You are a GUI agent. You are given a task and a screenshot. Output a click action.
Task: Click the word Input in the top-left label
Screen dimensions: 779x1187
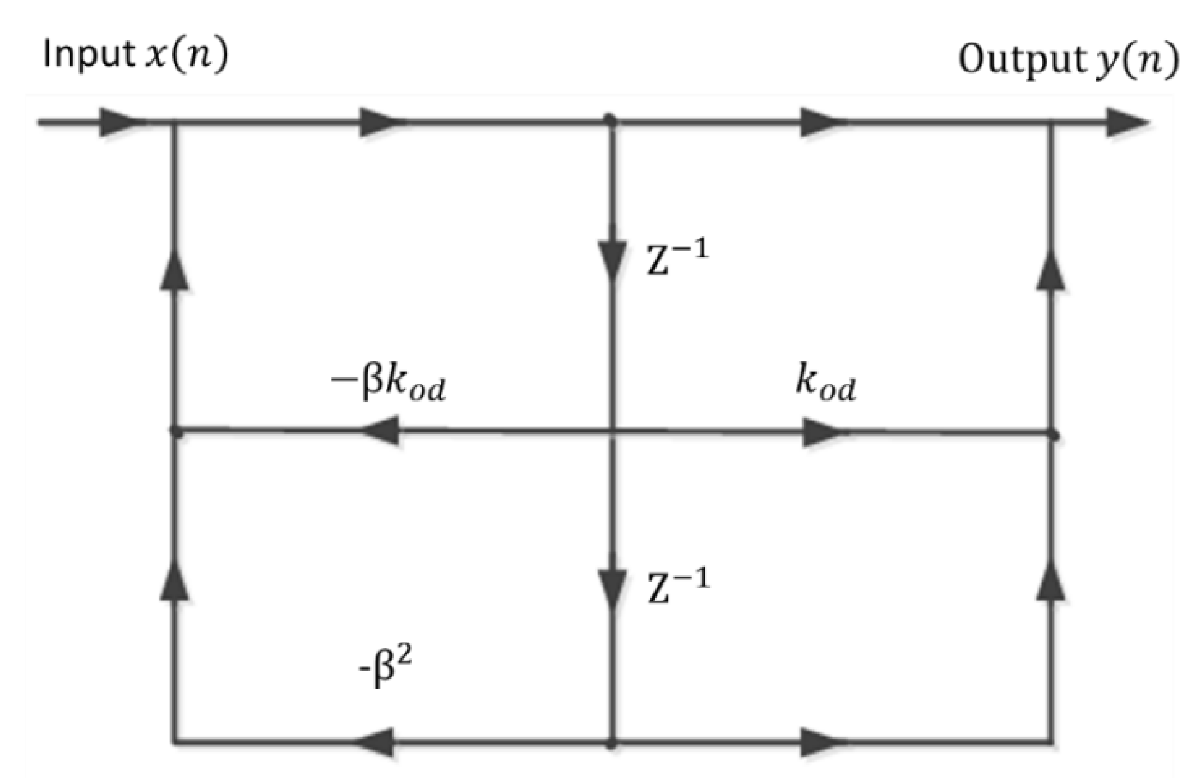coord(87,55)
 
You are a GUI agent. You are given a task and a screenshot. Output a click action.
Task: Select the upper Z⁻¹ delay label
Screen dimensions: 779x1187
coord(677,258)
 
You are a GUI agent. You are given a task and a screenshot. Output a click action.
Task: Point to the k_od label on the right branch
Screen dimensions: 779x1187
coord(825,383)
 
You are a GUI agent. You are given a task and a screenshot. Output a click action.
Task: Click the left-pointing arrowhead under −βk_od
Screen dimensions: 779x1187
coord(380,431)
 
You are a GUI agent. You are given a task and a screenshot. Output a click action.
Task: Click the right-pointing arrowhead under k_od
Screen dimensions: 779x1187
coord(822,432)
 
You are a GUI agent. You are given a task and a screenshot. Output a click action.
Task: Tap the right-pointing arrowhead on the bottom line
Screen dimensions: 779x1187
coord(821,743)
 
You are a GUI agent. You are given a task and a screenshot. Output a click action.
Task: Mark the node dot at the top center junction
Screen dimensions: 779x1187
coord(611,119)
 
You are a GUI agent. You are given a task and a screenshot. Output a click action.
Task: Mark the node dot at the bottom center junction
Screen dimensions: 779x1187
coord(612,744)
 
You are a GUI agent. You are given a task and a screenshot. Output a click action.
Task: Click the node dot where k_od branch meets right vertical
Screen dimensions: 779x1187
coord(1053,435)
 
